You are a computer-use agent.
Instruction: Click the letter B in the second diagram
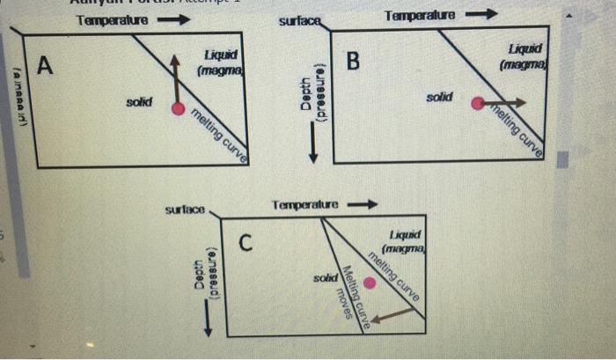(354, 62)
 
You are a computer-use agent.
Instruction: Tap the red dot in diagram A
(179, 109)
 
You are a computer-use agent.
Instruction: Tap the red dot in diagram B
(477, 103)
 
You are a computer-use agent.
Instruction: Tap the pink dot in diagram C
(370, 283)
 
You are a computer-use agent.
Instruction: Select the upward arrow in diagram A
(176, 79)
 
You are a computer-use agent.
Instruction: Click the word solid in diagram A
(138, 103)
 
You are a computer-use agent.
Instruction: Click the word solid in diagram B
(439, 96)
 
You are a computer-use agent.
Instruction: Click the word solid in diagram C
(325, 278)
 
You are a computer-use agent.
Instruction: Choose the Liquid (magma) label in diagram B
(525, 57)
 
